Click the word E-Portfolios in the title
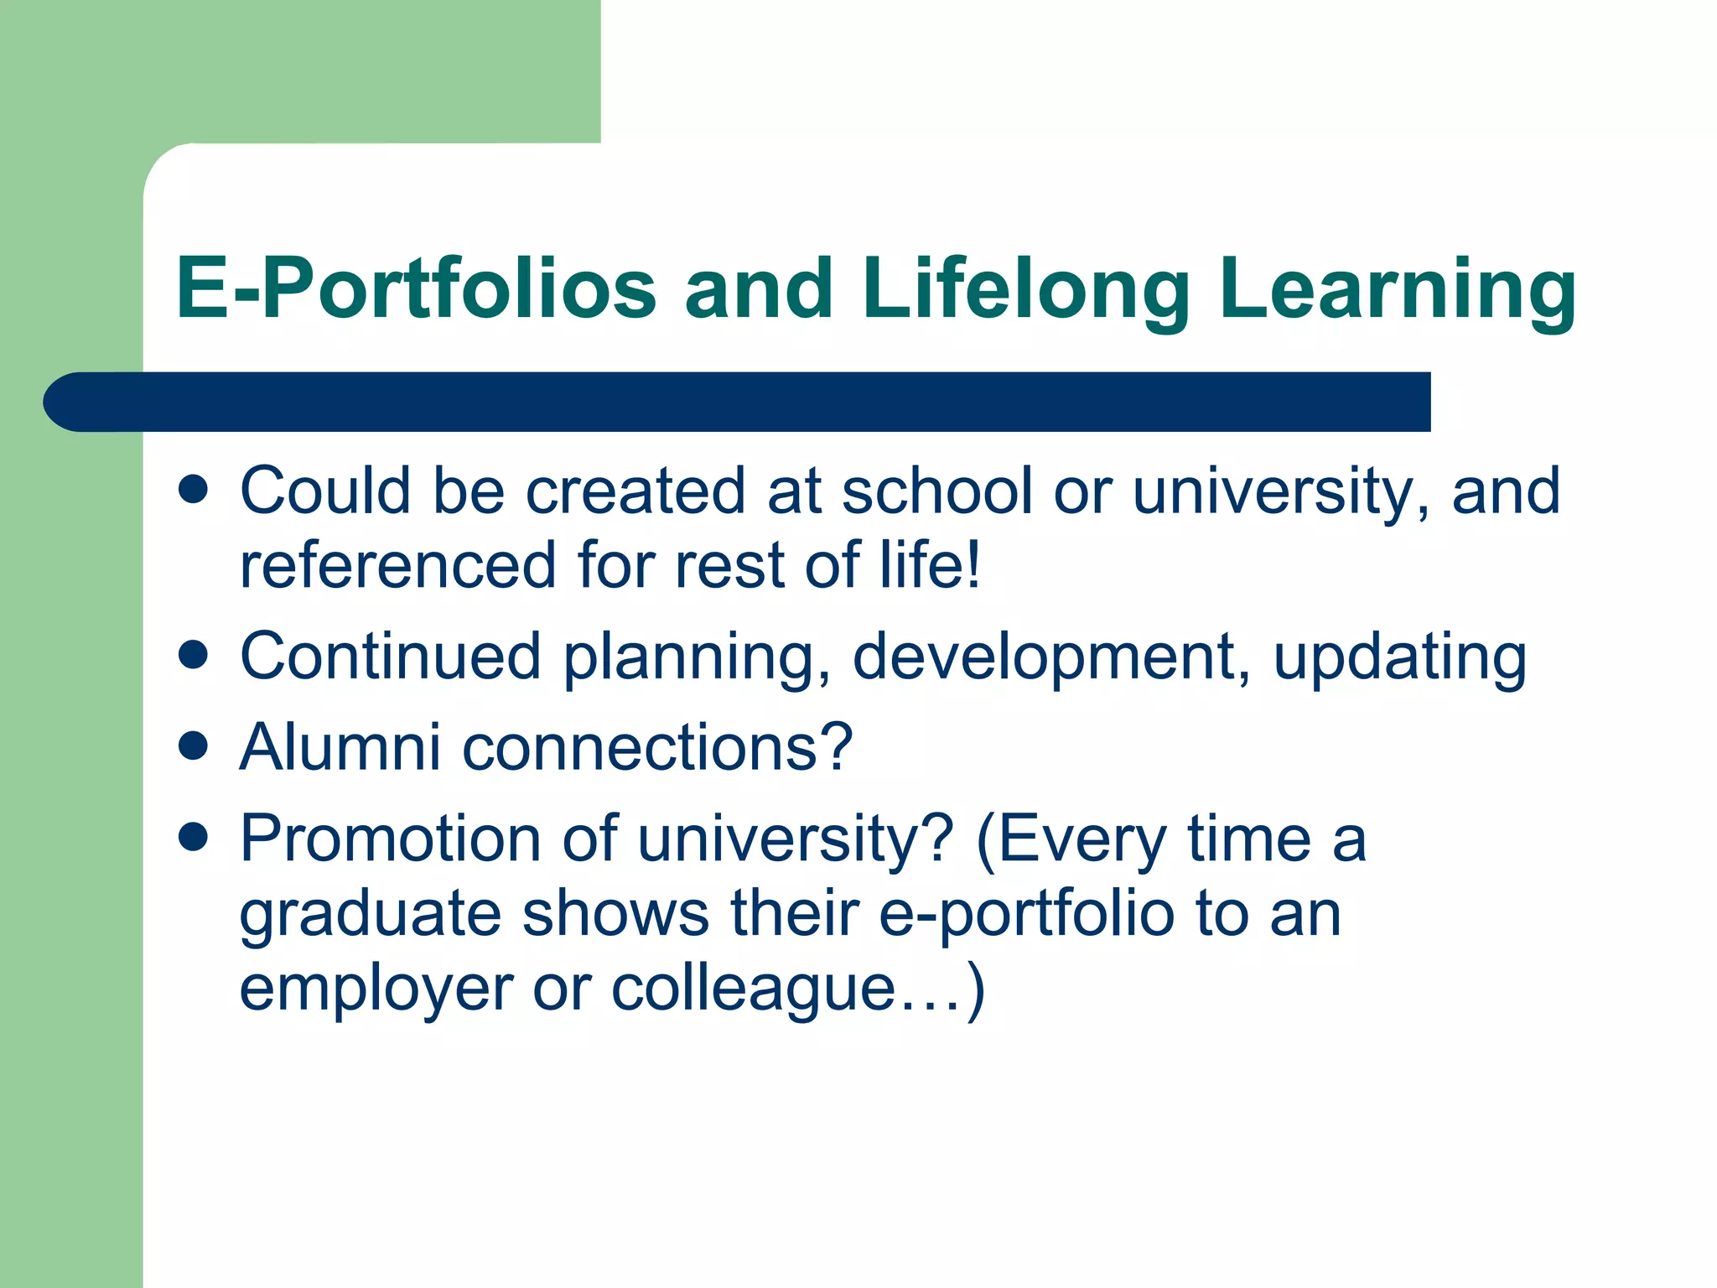416,289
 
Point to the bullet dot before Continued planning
194,655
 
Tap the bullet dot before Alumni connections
194,745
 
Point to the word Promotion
391,838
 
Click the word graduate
370,915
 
